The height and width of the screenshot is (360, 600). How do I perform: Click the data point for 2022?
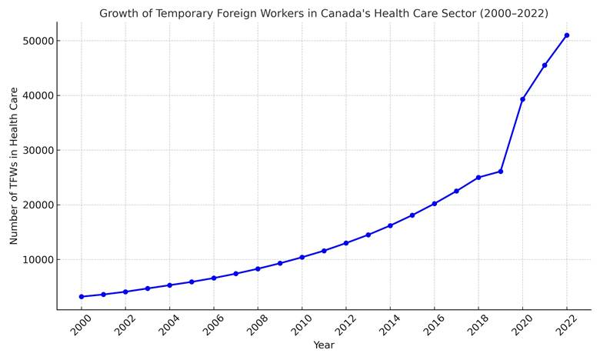[x=567, y=35]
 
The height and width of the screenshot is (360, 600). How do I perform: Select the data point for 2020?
[x=523, y=99]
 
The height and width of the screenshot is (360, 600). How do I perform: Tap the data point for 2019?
[x=501, y=172]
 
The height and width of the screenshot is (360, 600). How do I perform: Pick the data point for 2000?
[x=82, y=297]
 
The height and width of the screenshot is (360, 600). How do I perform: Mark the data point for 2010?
[x=302, y=257]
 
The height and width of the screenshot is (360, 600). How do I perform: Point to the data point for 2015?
[x=412, y=215]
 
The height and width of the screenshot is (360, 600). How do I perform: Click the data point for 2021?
[x=545, y=65]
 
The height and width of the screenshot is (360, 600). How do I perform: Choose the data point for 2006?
[x=214, y=278]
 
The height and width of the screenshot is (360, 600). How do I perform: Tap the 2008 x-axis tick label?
[x=256, y=325]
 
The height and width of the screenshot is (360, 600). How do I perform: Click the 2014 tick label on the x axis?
[x=388, y=325]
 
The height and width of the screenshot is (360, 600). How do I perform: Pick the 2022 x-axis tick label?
[x=565, y=325]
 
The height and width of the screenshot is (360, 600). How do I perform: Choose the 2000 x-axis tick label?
[x=80, y=325]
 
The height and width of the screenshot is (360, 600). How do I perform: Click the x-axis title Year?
[x=324, y=345]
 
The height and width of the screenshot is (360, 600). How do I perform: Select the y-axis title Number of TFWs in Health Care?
[x=14, y=166]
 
